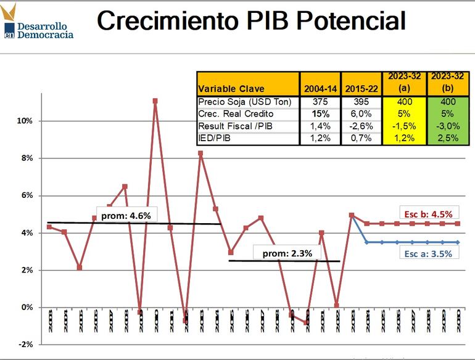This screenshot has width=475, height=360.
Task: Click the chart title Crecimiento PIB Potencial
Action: coord(251,20)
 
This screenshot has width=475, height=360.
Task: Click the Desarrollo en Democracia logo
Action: coord(38,23)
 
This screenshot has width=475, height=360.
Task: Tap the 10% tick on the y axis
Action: coord(25,121)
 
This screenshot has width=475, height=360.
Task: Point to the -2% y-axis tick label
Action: coord(25,344)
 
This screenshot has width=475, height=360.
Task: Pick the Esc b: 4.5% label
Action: coord(428,213)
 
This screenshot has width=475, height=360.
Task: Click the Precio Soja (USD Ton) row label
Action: coord(244,102)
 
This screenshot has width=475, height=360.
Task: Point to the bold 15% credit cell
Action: coord(320,114)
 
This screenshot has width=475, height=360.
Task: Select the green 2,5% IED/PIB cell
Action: coord(444,138)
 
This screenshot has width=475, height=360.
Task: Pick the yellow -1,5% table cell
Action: coord(404,126)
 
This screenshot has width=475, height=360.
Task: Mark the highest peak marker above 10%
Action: coord(155,100)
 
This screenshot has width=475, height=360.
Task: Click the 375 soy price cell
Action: coord(320,102)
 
